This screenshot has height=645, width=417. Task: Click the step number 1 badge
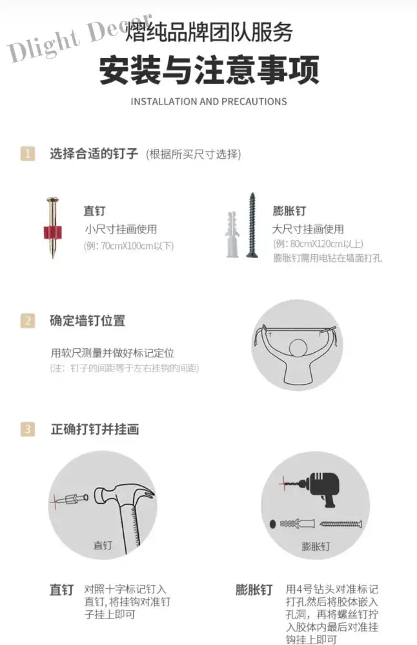[x=28, y=154]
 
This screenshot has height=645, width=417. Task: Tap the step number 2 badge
[x=28, y=321]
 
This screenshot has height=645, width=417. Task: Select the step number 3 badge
[x=28, y=429]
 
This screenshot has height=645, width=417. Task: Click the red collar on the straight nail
[x=52, y=232]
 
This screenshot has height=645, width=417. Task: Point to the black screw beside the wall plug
[x=252, y=225]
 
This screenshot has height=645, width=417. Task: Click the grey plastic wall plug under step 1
[x=232, y=235]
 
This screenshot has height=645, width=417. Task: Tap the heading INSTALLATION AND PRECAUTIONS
[x=208, y=102]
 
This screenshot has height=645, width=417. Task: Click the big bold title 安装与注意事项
[x=209, y=70]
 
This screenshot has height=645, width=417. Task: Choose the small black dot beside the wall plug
[x=272, y=524]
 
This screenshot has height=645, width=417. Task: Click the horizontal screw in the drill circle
[x=340, y=524]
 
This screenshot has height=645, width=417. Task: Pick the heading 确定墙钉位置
[x=87, y=321]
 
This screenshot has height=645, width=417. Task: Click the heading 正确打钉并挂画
[x=95, y=430]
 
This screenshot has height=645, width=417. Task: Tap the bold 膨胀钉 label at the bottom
[x=254, y=590]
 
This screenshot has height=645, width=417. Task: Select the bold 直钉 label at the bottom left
[x=61, y=590]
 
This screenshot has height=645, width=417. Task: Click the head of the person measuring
[x=298, y=348]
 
